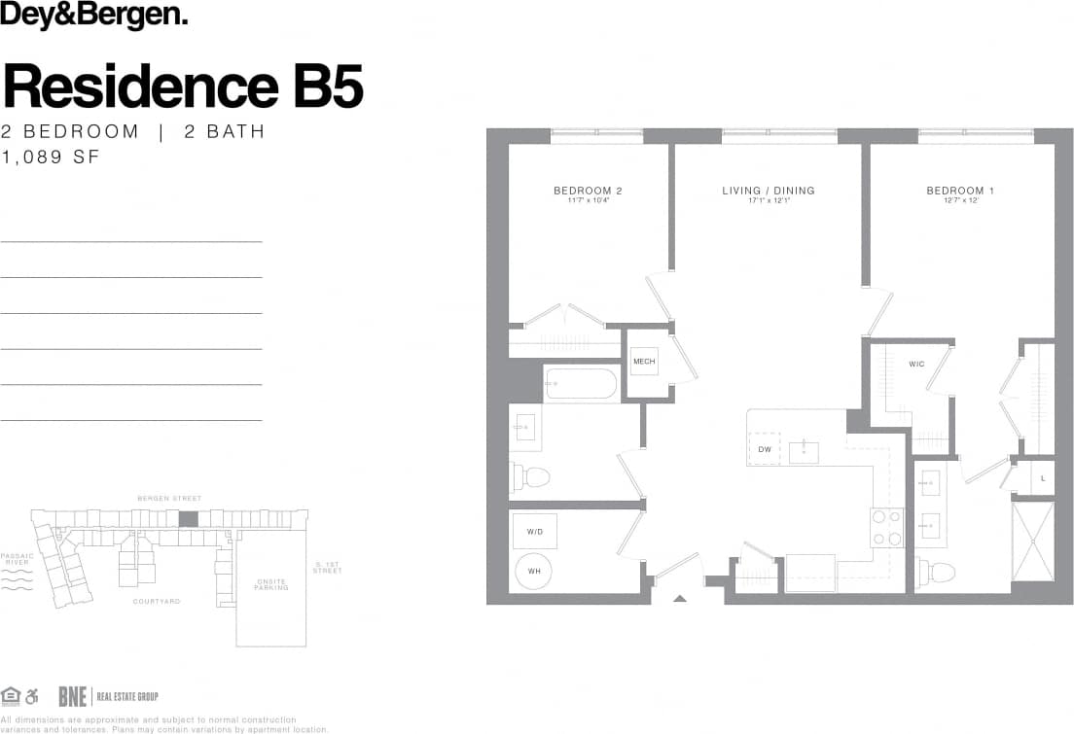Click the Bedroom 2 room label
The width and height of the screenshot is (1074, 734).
coord(588,191)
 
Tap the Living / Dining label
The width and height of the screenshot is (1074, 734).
coord(768,191)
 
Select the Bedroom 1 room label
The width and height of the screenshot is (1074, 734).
coord(959,191)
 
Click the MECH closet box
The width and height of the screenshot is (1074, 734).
coord(644,362)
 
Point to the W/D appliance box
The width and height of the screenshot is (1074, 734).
coord(534,532)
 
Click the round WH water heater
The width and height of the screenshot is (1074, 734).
coord(534,571)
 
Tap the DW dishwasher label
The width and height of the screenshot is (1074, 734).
coord(765,449)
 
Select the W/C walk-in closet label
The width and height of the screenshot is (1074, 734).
coord(916,365)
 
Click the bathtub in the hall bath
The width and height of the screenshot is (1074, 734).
coord(580,384)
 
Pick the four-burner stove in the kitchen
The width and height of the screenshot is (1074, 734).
coord(886,528)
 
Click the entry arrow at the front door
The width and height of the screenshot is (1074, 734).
coord(678,599)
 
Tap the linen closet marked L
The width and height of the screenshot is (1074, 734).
coord(1042,478)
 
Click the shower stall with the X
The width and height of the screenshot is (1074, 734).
coord(1032,541)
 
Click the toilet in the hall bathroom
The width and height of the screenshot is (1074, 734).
coord(531,476)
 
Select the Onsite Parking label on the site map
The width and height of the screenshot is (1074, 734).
coord(271,584)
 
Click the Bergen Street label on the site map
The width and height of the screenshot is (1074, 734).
coord(170,499)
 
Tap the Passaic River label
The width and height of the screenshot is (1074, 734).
coord(17,560)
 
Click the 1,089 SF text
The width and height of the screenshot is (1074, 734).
coord(50,157)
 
